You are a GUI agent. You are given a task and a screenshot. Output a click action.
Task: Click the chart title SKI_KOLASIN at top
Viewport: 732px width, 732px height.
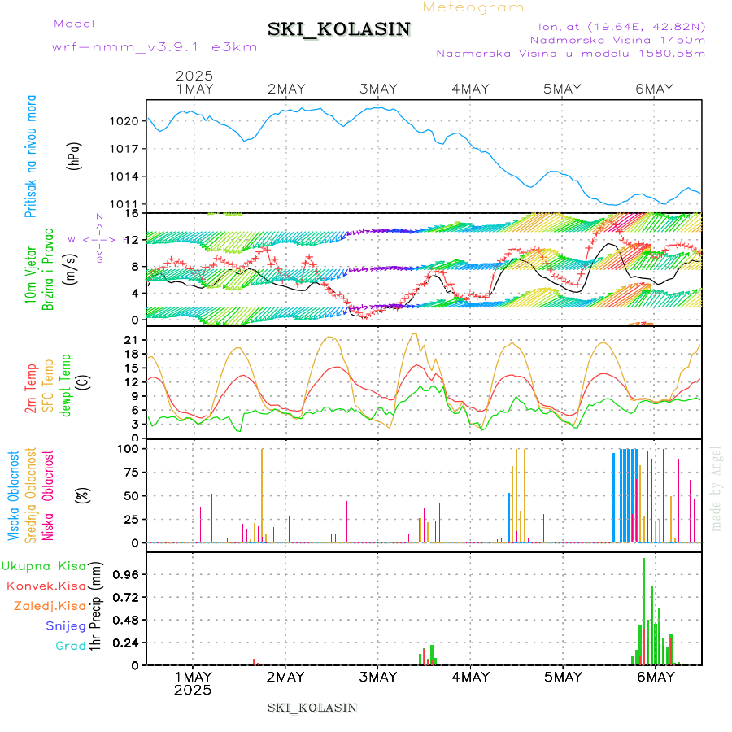pos(339,29)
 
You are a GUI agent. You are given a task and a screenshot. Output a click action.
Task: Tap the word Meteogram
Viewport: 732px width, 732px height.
pos(474,7)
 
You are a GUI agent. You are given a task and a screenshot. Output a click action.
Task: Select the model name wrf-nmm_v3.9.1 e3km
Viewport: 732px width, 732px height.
pos(155,46)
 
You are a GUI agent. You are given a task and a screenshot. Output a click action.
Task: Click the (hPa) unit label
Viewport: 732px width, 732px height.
pos(75,155)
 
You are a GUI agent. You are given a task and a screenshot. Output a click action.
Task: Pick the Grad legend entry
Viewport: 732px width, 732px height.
pos(70,646)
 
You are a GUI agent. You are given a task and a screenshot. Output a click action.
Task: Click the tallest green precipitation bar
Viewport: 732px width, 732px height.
pos(643,611)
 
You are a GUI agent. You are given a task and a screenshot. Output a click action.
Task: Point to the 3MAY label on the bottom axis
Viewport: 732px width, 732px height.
pos(378,677)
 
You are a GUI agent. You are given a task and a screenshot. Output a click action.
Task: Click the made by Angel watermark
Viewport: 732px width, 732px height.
pos(717,488)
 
